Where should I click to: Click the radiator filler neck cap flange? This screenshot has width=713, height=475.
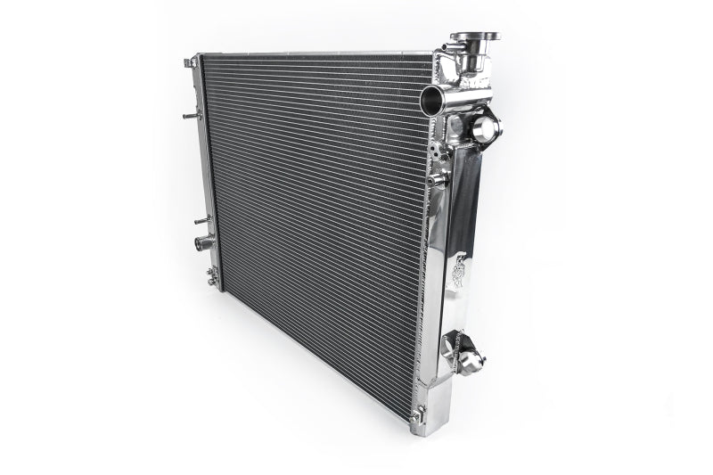pos(474,37)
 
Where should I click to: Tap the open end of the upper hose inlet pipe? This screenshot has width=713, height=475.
pos(430,99)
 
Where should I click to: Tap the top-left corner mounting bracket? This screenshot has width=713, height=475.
pos(191,62)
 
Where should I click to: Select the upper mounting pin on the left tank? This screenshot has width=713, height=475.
pos(191,115)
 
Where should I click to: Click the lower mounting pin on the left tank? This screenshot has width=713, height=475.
pos(201,219)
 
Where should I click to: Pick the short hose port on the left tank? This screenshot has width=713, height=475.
pos(203,242)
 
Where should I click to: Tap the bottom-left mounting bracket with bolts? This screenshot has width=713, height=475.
pos(212,277)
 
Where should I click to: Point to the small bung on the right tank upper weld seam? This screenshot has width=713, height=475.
pos(436,179)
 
